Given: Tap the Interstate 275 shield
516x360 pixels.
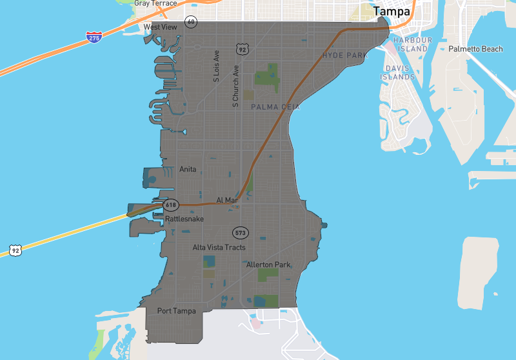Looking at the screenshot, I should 94,38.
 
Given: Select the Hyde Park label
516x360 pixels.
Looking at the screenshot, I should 345,55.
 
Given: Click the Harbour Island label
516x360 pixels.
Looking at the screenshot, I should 412,45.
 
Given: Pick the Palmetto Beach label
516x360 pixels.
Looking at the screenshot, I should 475,49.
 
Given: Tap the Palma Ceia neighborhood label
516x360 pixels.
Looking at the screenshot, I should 275,107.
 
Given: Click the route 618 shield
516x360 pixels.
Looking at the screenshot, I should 170,205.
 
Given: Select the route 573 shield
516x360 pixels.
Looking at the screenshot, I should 241,232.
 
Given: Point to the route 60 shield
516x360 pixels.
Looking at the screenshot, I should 190,21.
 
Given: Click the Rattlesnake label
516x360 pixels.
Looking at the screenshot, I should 184,219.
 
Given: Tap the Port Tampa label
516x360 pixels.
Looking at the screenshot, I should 176,311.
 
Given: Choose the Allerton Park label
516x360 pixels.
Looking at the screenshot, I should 268,265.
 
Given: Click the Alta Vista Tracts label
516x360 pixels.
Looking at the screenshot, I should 219,247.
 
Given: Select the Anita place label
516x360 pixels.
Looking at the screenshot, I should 188,170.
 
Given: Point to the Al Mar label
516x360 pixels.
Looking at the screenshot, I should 227,201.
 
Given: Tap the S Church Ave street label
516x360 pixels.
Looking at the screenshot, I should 235,85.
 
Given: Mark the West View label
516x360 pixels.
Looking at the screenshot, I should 160,27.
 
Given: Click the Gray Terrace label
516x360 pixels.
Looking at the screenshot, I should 155,3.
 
